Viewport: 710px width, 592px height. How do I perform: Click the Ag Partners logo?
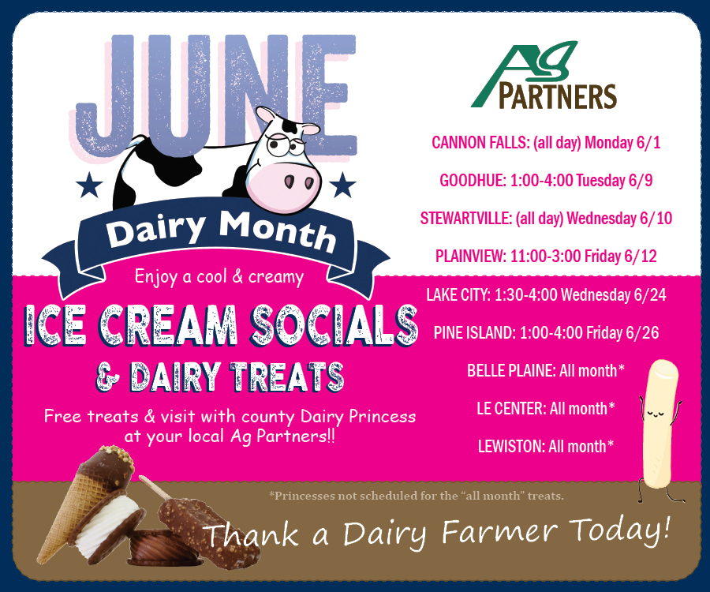(544, 76)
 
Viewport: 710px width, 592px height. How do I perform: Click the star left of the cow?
(89, 185)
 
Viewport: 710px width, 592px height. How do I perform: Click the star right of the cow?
(342, 185)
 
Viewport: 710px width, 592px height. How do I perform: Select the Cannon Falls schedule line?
(546, 143)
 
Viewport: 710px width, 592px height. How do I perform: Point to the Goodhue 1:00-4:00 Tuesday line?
(546, 180)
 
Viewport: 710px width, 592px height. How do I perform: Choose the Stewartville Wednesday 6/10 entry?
(546, 219)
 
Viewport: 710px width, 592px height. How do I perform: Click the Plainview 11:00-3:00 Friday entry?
(546, 256)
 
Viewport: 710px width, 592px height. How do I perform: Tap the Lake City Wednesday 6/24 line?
(546, 295)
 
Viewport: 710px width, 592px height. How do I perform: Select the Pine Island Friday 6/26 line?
(546, 333)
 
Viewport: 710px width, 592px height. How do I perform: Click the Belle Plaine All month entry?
(546, 370)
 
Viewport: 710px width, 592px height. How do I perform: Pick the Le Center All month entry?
(546, 409)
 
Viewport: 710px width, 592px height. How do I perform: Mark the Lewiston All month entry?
(546, 447)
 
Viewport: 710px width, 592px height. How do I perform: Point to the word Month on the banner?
(277, 231)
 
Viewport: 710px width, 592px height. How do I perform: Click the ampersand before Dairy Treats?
(108, 377)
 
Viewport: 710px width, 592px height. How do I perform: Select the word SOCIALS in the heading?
(334, 325)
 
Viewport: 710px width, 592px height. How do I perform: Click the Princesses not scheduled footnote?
(417, 496)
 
